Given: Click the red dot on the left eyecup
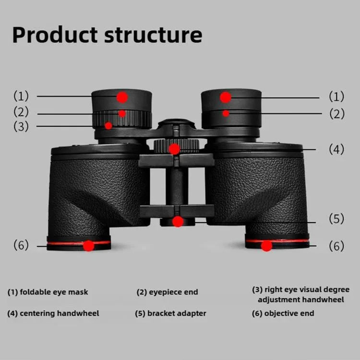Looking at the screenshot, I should point(122,97).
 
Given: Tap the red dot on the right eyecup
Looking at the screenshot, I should point(226,97).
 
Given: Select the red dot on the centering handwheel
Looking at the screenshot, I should point(174,149).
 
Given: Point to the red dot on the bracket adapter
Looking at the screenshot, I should point(178,221).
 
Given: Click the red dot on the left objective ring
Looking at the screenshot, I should point(88,246).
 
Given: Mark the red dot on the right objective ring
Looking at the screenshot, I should point(267,246).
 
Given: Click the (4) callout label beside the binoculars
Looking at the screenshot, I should point(336,149).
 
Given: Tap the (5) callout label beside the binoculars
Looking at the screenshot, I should point(336,219).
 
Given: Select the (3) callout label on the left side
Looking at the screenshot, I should point(21,127).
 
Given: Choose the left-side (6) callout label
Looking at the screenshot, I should point(21,245).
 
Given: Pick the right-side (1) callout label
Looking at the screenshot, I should point(336,96).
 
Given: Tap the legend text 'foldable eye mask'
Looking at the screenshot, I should point(54,292).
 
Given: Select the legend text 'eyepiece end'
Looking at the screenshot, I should point(173,292).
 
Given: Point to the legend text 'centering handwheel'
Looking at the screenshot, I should point(59,313).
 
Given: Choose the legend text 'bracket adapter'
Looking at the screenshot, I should point(177,313).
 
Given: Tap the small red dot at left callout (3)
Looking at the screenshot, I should point(108,126).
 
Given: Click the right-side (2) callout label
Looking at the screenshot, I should point(336,114).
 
